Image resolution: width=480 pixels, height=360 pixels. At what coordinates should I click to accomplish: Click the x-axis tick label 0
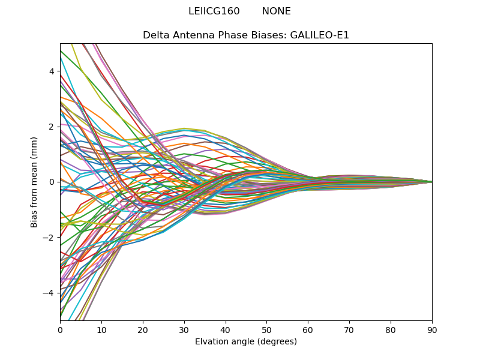60,329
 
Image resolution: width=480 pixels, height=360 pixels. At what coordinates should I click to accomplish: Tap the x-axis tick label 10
101,329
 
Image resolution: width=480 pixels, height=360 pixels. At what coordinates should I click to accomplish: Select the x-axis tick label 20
143,329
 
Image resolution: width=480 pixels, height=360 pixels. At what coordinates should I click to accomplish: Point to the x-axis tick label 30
184,329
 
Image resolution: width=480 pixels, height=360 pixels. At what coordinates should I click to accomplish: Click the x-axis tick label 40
226,329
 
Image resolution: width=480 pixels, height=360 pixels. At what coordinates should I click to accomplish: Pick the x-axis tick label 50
266,329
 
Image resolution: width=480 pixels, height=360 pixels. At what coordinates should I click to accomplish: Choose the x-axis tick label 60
308,329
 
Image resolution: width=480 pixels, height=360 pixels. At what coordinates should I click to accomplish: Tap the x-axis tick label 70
349,329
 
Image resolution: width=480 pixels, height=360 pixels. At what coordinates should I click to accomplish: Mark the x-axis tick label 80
391,329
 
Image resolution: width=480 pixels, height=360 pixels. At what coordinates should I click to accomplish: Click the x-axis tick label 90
432,329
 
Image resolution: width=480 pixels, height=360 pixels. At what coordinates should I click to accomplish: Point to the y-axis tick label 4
52,71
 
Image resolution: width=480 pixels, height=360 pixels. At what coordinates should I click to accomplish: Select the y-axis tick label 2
52,127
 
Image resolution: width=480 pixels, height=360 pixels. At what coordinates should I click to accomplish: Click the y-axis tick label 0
52,182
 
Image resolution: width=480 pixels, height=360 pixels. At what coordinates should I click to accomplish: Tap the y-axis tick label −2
49,238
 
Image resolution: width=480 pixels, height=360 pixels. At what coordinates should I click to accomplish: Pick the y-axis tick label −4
49,293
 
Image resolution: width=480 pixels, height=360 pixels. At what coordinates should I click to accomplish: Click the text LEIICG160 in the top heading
214,11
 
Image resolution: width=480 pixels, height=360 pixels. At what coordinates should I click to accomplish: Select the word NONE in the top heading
277,11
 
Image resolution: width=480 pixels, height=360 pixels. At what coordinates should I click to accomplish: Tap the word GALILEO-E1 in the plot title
320,35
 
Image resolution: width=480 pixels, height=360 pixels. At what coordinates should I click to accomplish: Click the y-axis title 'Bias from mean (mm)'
35,181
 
